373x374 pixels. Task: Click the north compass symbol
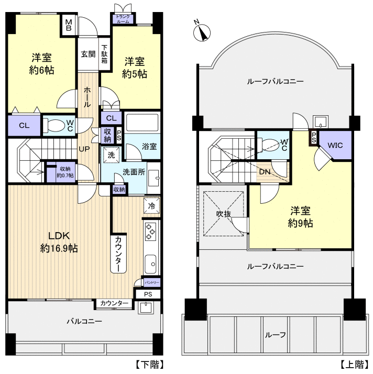[x=202, y=33]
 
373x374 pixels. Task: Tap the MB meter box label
[x=69, y=25]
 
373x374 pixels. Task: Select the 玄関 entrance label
[x=88, y=54]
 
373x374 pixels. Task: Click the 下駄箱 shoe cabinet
[x=104, y=54]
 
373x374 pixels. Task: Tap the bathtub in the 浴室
[x=142, y=123]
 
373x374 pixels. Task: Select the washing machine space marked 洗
[x=111, y=155]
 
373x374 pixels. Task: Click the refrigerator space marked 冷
[x=152, y=206]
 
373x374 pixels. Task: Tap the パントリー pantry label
[x=152, y=283]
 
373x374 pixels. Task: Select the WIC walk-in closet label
[x=335, y=145]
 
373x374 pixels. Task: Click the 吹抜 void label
[x=224, y=214]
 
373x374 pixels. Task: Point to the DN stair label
[x=265, y=172]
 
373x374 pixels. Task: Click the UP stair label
[x=84, y=149]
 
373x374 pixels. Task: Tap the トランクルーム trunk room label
[x=123, y=19]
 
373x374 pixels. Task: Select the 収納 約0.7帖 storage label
[x=65, y=172]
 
